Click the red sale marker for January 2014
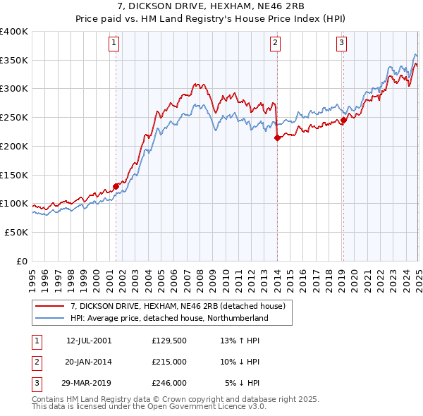pyautogui.click(x=277, y=138)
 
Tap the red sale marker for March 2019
pyautogui.click(x=343, y=120)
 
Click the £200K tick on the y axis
pyautogui.click(x=14, y=146)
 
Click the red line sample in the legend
pyautogui.click(x=50, y=306)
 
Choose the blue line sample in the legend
pyautogui.click(x=50, y=318)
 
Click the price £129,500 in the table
pyautogui.click(x=170, y=341)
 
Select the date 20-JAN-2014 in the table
pyautogui.click(x=89, y=362)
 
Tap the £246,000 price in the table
pyautogui.click(x=170, y=383)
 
